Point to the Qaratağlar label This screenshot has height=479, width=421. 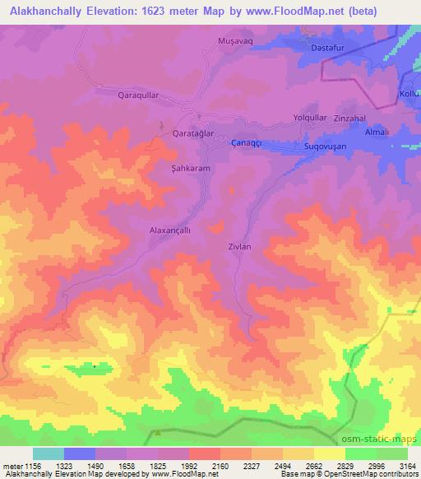point(192,133)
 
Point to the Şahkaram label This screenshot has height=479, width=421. point(191,168)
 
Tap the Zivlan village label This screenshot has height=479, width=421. point(238,245)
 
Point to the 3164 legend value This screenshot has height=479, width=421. point(406,465)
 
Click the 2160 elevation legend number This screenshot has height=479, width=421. point(220,465)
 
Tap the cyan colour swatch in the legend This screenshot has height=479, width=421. point(49,453)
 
